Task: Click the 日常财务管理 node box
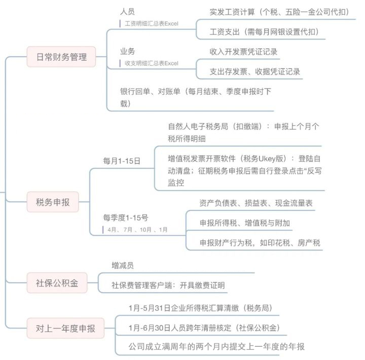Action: tap(62, 57)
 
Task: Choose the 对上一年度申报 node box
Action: tap(65, 329)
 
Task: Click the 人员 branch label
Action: tap(127, 11)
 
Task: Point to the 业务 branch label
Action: tap(127, 52)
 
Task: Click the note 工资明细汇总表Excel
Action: tap(151, 23)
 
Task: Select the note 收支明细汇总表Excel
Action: tap(151, 64)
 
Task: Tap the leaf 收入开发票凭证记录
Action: tap(243, 52)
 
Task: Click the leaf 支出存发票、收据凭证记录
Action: tap(254, 71)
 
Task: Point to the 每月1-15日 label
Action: tap(122, 161)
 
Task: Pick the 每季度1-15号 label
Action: tap(125, 218)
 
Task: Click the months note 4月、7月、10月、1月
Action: tap(137, 230)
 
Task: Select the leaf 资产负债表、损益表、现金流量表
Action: tap(256, 203)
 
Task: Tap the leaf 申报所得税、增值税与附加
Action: tap(245, 223)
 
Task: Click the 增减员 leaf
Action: tap(123, 265)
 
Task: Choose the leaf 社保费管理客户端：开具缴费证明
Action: tap(168, 285)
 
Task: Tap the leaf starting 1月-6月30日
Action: tap(204, 327)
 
